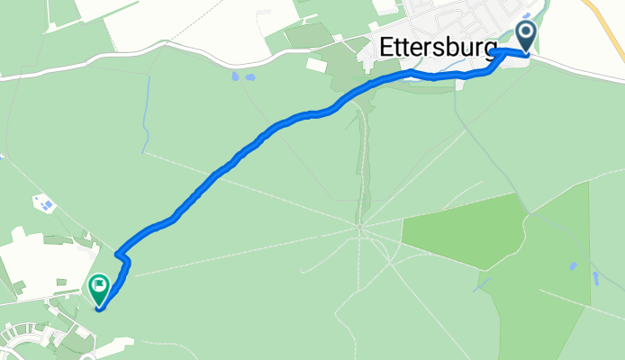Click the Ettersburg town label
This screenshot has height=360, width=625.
coord(439,48)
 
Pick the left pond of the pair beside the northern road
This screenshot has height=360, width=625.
coord(235,76)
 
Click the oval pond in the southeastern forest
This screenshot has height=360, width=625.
coord(574,266)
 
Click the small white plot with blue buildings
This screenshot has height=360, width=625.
coord(44,203)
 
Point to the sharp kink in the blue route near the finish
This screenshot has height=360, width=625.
coord(126,261)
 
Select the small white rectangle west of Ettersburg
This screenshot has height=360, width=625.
coord(316,65)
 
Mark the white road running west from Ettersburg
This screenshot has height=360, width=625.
coord(180,68)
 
